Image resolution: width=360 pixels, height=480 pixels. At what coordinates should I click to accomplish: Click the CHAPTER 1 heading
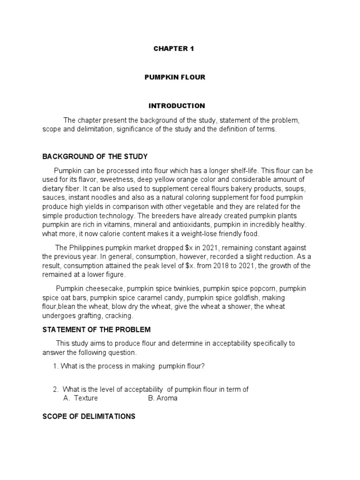(x=173, y=48)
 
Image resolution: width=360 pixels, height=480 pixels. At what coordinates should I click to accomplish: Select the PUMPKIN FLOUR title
(x=174, y=77)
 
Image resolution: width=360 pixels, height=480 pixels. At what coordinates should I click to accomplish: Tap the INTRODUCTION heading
(x=177, y=106)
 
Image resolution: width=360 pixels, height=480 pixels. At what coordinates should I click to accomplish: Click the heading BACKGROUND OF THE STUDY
(x=95, y=156)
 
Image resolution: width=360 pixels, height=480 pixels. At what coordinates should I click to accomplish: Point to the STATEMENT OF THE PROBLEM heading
(x=97, y=330)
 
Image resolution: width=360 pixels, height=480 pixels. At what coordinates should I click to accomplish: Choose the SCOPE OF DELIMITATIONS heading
(x=89, y=416)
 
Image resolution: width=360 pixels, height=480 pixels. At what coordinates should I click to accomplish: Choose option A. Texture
(x=81, y=398)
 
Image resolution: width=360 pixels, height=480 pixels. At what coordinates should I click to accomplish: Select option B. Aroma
(x=163, y=398)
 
